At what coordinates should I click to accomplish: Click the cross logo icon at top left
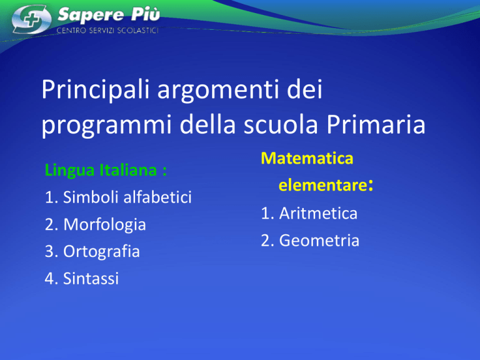[31, 19]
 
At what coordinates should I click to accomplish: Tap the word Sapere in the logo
[91, 15]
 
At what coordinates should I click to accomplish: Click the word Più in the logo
[146, 14]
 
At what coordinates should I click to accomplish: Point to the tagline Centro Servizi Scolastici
[107, 30]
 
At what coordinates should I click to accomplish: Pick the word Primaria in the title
[376, 124]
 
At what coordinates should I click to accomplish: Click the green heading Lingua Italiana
[106, 170]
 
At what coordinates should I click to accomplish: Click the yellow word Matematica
[307, 158]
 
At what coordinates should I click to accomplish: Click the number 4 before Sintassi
[49, 279]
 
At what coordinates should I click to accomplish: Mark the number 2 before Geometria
[266, 240]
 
